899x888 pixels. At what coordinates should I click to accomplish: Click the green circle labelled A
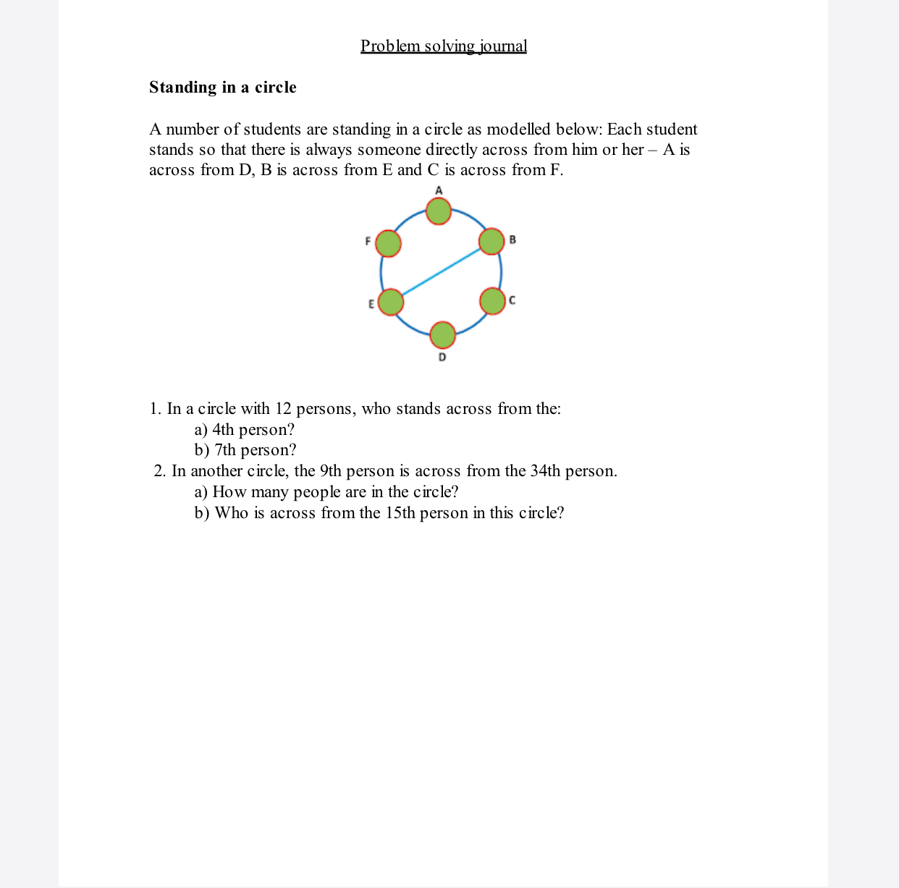click(438, 211)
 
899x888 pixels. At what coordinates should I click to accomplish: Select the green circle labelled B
click(491, 241)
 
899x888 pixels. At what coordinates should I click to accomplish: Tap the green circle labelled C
click(492, 301)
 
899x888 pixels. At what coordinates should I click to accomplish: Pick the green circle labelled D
click(442, 335)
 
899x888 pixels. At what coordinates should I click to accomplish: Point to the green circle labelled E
click(391, 302)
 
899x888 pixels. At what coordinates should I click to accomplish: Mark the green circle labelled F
click(388, 244)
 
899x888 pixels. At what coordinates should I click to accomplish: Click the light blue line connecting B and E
click(442, 271)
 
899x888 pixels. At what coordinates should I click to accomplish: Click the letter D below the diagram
click(442, 357)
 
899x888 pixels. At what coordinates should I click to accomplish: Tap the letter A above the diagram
click(439, 190)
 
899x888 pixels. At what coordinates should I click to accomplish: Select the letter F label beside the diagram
click(368, 241)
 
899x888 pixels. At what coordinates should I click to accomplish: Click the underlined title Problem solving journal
click(444, 46)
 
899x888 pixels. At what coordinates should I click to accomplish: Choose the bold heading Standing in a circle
click(223, 88)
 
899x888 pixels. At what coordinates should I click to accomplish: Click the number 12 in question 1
click(283, 409)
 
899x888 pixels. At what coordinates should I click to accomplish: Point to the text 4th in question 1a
click(223, 430)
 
